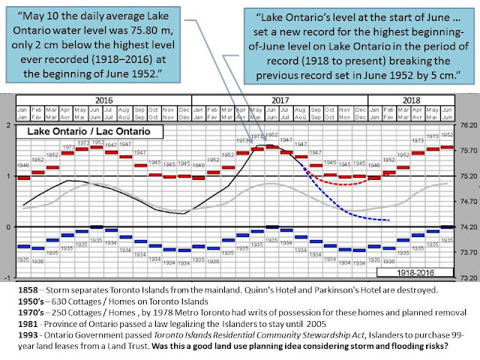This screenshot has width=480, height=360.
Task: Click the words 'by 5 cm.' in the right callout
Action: pos(425,74)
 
